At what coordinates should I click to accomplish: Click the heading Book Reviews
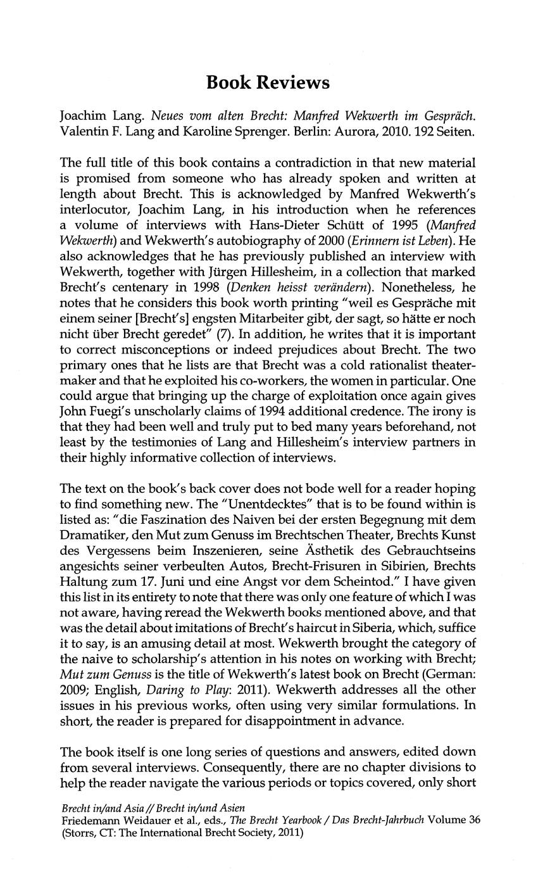(x=268, y=83)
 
